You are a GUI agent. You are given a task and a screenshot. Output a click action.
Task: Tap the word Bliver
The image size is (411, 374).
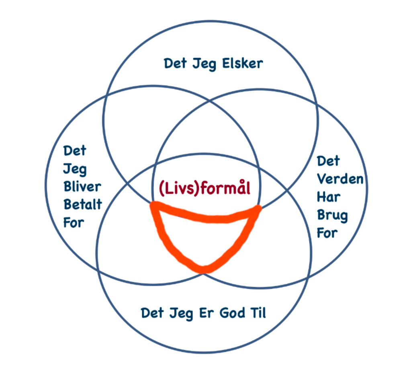coord(82,187)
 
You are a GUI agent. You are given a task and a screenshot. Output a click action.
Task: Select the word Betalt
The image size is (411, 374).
coord(82,205)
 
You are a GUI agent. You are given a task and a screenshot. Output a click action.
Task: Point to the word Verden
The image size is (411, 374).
coord(340,179)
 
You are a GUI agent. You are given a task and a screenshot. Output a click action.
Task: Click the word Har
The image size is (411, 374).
coord(329,197)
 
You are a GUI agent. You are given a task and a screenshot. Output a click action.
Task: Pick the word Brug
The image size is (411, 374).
coord(332,216)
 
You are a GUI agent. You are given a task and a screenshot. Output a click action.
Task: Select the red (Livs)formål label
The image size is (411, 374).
coord(204,189)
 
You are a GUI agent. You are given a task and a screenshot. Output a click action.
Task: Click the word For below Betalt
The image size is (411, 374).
coord(74,222)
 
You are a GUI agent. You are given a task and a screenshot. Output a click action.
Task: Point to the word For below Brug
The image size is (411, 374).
coord(327,233)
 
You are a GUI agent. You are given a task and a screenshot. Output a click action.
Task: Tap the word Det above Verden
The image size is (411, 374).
coord(328,161)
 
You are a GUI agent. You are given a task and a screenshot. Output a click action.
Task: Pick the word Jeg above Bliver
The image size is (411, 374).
coord(74,169)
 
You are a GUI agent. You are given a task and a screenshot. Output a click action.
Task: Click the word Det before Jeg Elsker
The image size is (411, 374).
coord(175,64)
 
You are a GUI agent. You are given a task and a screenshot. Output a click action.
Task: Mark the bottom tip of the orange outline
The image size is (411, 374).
coord(204,269)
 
